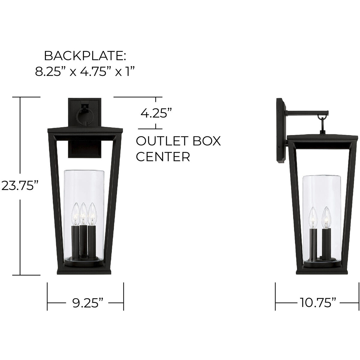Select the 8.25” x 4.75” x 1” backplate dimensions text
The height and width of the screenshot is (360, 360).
(84, 72)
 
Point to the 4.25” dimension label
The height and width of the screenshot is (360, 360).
(156, 114)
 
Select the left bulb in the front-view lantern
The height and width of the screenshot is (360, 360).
(75, 214)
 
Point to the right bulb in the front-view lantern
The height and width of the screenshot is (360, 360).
(92, 214)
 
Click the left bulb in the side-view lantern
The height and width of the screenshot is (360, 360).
(313, 218)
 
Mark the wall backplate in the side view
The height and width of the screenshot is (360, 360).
(281, 130)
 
